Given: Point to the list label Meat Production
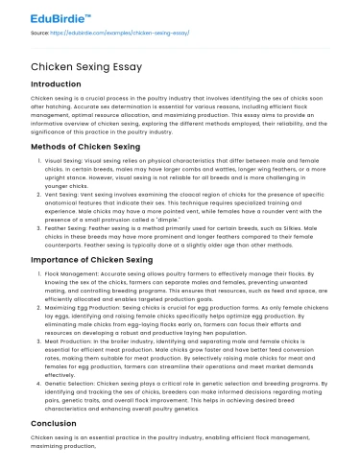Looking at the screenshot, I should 70,343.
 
